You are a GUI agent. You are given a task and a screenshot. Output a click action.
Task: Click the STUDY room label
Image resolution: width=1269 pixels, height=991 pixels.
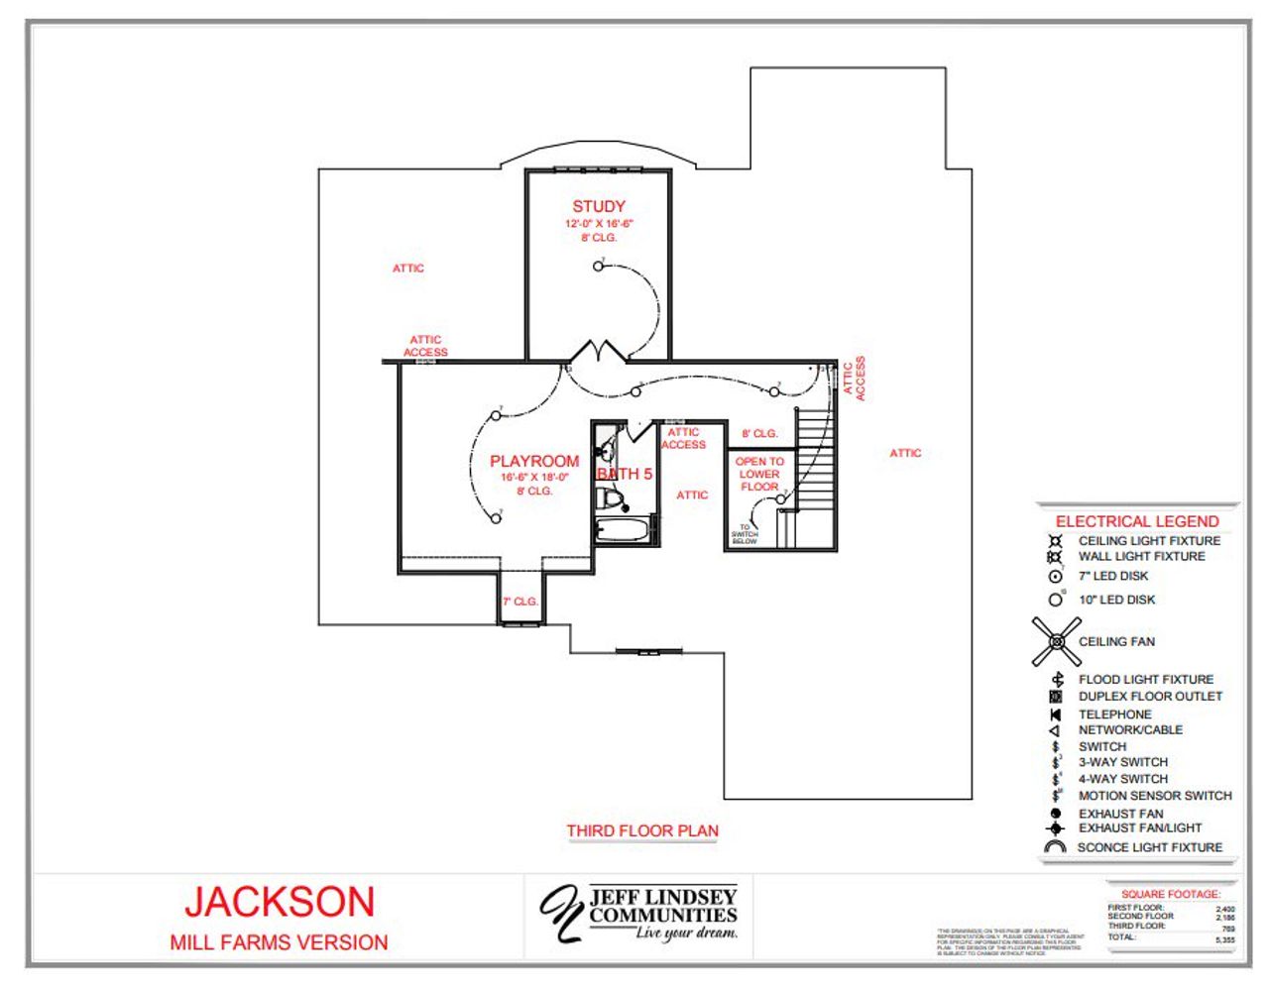tap(598, 206)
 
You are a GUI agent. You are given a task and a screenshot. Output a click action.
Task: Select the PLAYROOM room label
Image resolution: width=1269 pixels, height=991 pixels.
tap(534, 462)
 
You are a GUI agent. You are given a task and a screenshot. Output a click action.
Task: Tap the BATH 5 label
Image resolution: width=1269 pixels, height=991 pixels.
tap(625, 475)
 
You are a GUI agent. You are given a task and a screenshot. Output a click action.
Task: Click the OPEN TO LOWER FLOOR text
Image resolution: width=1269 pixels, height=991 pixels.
tap(759, 474)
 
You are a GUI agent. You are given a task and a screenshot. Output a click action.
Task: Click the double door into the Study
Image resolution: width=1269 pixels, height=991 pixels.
tap(598, 352)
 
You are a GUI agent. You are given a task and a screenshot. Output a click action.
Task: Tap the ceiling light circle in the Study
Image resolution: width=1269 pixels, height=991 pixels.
tap(598, 267)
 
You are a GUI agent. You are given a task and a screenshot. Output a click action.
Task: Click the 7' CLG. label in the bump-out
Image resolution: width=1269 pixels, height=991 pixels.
tap(520, 602)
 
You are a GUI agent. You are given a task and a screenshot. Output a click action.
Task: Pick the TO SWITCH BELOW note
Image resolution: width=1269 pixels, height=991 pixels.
tap(745, 535)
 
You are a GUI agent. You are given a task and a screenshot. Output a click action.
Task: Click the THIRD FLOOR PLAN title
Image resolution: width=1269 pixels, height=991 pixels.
tap(642, 831)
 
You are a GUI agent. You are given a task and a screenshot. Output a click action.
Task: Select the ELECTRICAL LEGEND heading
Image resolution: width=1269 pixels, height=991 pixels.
tap(1137, 521)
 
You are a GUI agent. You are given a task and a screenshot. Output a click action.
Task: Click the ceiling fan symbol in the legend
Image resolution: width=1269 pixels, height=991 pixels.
tap(1056, 642)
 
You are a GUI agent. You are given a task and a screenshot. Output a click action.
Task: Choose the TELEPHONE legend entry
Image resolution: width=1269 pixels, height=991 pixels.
tap(1114, 714)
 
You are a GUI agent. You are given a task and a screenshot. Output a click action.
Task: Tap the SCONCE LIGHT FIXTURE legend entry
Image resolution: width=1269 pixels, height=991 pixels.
tap(1149, 847)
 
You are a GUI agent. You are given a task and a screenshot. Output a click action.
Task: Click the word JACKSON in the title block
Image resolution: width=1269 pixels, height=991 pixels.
tap(280, 902)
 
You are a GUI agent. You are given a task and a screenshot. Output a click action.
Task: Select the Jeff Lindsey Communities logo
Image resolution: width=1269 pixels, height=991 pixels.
tap(639, 913)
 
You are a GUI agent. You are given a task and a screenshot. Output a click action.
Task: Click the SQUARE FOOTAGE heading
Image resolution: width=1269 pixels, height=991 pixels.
tap(1171, 894)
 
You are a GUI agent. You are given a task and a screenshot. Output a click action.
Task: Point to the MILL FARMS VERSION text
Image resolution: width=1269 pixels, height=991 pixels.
tap(279, 942)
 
